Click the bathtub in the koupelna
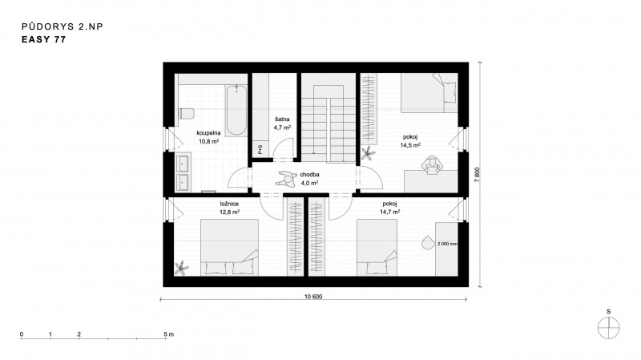click(236, 110)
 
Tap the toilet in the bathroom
click(186, 113)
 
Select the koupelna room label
click(208, 133)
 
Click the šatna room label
click(282, 119)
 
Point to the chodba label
click(309, 175)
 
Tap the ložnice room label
click(229, 204)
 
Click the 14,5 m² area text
click(410, 145)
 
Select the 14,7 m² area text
click(389, 212)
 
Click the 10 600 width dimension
click(313, 297)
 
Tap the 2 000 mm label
click(447, 244)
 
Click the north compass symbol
click(609, 328)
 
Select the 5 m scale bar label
click(169, 334)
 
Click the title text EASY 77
click(44, 39)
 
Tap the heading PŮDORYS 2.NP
click(62, 26)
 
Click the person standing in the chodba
click(287, 178)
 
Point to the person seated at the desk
click(433, 165)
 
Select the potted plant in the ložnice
click(182, 269)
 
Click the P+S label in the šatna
click(260, 149)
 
